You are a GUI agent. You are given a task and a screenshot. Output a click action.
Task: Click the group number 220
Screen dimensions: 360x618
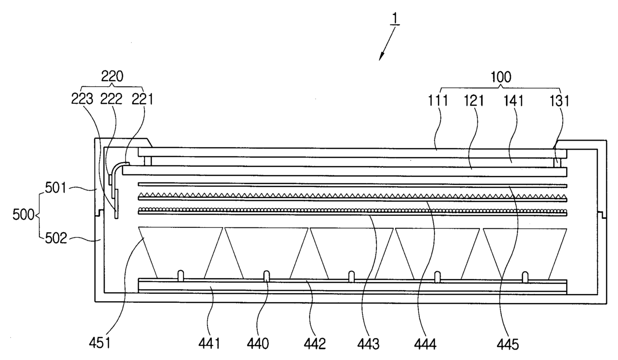pos(113,76)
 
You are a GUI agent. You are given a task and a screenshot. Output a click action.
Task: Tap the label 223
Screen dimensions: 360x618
pos(82,99)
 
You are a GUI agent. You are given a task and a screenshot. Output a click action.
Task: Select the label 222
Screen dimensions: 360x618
pos(112,99)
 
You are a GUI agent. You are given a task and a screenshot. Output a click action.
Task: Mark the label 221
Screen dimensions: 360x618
pos(142,99)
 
